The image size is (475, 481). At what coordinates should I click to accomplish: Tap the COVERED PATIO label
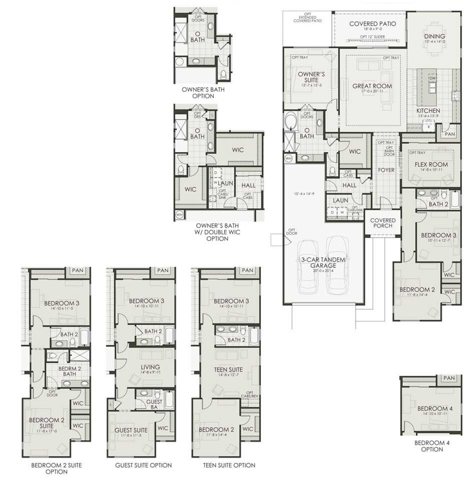[x=372, y=24]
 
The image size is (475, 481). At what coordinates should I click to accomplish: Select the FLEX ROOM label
[x=431, y=164]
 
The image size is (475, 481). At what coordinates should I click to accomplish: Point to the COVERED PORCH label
[x=383, y=223]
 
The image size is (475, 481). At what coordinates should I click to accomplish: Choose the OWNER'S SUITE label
[x=311, y=77]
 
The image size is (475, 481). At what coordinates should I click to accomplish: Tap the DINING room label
[x=435, y=36]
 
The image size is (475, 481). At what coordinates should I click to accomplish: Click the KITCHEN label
[x=428, y=111]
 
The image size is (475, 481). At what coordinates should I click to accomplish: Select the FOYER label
[x=386, y=170]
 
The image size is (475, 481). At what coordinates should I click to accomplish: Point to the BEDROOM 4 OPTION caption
[x=432, y=446]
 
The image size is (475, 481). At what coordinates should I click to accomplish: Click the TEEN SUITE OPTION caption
[x=229, y=465]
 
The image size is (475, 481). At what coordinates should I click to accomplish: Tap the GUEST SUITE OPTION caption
[x=143, y=465]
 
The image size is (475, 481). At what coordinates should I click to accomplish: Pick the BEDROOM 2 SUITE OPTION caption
[x=56, y=468]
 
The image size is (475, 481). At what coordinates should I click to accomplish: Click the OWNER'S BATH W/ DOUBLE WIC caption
[x=217, y=232]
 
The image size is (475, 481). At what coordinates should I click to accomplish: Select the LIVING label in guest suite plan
[x=150, y=367]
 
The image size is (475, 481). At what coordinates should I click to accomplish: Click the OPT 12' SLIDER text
[x=372, y=37]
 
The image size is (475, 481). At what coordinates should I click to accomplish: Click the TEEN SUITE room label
[x=228, y=370]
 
